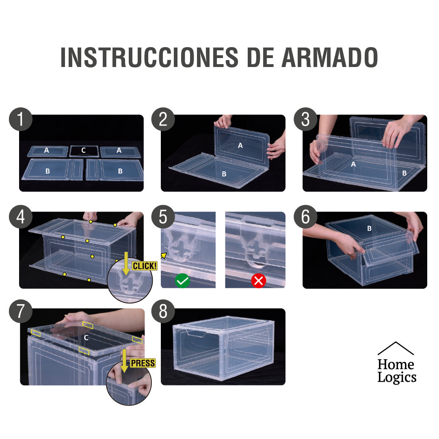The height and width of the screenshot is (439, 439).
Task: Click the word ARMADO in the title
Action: coord(329,58)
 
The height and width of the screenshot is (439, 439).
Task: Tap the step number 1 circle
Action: coord(20,119)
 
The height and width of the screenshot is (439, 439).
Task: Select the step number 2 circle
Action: coord(163,119)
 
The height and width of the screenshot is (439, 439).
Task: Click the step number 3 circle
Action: coord(305,119)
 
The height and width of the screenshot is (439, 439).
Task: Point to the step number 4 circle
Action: coord(20,217)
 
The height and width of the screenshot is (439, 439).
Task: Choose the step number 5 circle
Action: coord(163,217)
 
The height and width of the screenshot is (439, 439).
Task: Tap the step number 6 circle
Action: coord(305,217)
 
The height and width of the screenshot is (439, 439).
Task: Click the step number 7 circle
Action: coord(20,311)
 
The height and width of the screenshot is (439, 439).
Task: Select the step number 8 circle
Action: coord(163,311)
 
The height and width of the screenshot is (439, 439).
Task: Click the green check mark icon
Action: coord(183,281)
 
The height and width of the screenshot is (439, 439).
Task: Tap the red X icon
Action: coord(258,281)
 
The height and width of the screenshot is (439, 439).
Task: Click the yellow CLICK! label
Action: coord(144,266)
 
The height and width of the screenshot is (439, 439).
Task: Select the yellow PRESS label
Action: coord(143,363)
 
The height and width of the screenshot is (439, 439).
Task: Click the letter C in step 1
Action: coord(83,150)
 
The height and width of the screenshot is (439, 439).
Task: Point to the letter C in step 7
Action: coord(86,337)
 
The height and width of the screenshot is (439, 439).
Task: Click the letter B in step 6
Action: coord(369,229)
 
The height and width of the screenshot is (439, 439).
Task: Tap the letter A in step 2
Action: coord(240,145)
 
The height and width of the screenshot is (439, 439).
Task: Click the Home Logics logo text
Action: coord(396,370)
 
